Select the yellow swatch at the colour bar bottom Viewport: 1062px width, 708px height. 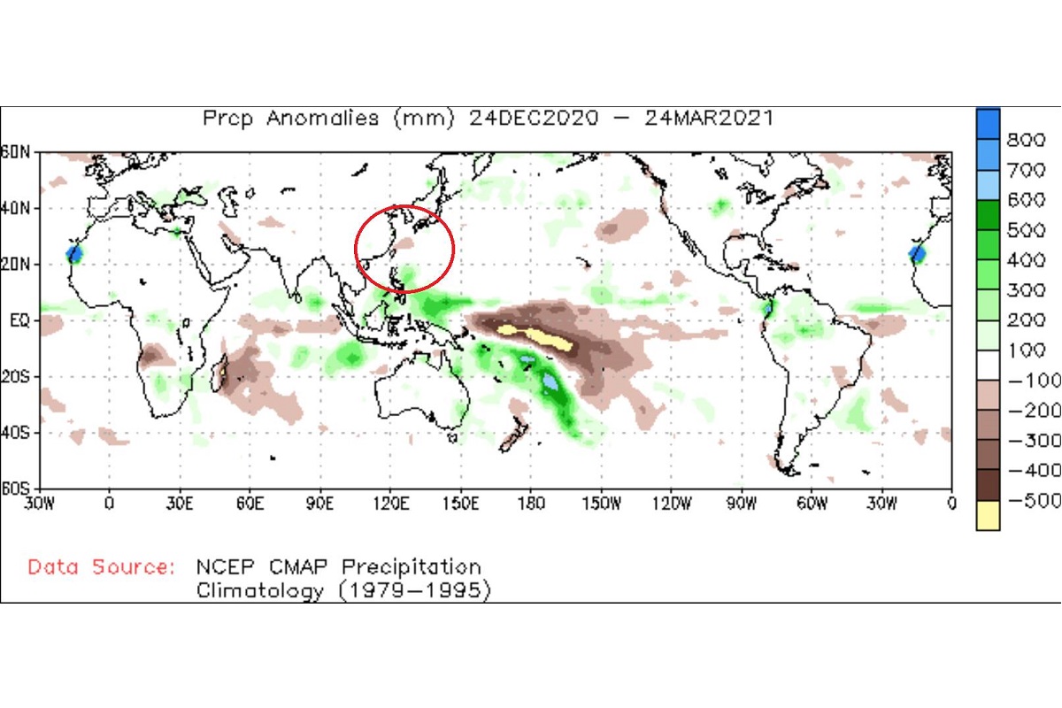tap(988, 515)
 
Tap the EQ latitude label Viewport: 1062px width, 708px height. tap(19, 320)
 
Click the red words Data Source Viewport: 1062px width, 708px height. tap(101, 567)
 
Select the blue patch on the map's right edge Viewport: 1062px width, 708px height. tap(918, 255)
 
